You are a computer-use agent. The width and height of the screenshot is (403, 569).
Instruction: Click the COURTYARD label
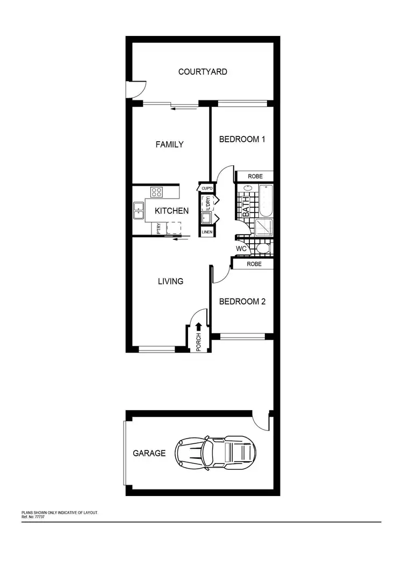tap(203, 71)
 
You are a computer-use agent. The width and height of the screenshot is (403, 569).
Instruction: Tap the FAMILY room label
tap(169, 144)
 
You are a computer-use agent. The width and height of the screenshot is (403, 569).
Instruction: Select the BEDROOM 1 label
tap(242, 139)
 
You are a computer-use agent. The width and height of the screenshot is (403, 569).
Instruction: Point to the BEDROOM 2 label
tap(242, 301)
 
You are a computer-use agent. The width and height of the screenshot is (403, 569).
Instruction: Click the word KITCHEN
tap(171, 211)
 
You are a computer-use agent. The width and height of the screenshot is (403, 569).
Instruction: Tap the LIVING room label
tap(170, 281)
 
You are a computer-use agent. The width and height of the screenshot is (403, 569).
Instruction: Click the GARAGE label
tap(149, 453)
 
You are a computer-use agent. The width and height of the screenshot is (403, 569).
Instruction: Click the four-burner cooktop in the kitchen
tap(157, 192)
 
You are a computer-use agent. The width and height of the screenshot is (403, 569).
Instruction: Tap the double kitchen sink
tap(139, 210)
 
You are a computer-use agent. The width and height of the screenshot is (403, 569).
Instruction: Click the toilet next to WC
tap(262, 249)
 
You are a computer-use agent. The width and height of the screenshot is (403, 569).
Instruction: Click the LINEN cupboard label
tap(207, 232)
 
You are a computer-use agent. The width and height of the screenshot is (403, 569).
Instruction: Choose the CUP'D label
tap(207, 188)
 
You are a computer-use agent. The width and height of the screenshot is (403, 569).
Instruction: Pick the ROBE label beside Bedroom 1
tap(255, 176)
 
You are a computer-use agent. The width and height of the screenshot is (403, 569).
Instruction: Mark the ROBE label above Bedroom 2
tap(254, 264)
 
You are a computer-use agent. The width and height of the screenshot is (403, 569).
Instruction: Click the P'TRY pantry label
tap(159, 229)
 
